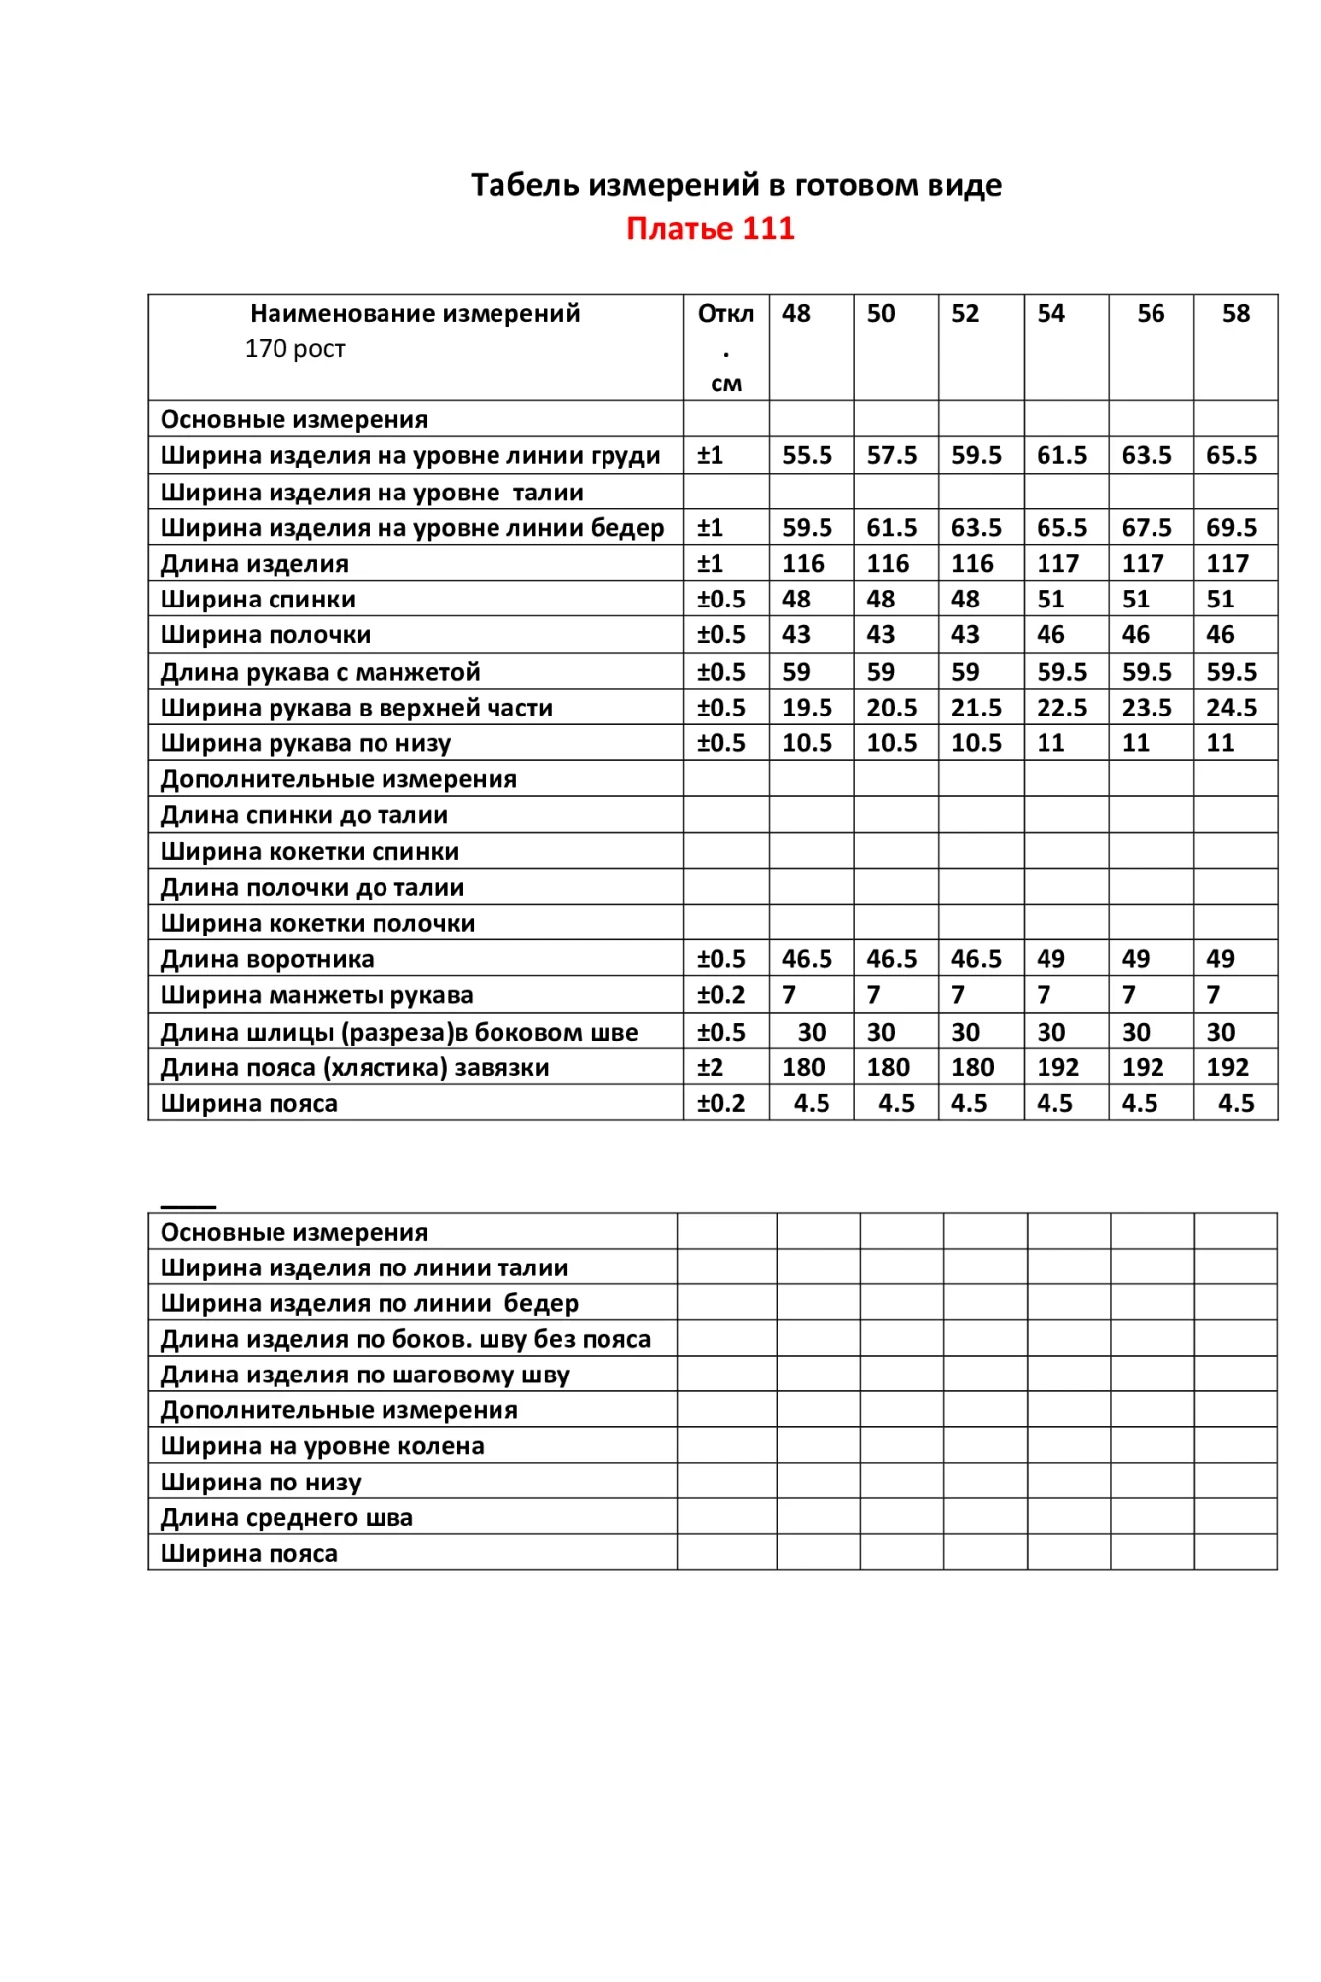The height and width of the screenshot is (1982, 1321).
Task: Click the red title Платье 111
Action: [710, 229]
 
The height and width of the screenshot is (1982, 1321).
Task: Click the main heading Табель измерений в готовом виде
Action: [735, 185]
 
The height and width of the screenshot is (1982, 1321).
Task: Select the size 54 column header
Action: [1050, 314]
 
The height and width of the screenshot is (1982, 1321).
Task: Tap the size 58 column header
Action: [1235, 314]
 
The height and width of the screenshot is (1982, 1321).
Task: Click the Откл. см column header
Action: [725, 347]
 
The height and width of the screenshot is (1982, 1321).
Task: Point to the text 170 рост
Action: [294, 349]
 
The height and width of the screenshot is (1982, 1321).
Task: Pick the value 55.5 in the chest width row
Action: [807, 456]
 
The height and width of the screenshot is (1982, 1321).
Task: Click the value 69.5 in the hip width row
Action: [1231, 528]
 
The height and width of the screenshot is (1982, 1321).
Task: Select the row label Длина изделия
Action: [255, 564]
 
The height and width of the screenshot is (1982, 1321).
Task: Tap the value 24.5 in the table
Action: [1231, 708]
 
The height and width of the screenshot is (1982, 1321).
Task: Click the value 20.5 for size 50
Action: [892, 708]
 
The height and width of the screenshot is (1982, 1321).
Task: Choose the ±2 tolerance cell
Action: [711, 1067]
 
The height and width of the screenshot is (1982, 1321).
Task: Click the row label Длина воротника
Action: [268, 959]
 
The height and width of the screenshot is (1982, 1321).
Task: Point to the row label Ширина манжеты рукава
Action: [317, 995]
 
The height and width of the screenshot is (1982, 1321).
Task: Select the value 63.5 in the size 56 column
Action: [1147, 456]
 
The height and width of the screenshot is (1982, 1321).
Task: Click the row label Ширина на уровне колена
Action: [322, 1446]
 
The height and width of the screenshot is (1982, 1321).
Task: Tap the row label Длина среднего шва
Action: [286, 1517]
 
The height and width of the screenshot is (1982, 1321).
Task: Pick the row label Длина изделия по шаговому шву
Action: [365, 1375]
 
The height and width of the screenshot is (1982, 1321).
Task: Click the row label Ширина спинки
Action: [258, 600]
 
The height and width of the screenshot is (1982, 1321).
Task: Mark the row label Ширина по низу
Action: [261, 1482]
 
